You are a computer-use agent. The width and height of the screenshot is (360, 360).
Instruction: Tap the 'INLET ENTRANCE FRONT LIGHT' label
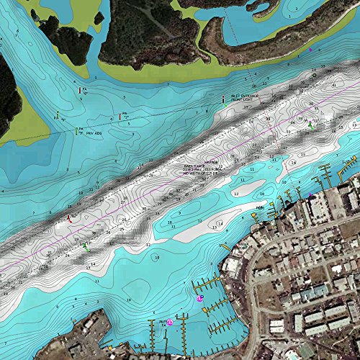coord(246,97)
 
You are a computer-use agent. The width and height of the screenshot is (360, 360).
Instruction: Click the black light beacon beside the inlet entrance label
coord(224,100)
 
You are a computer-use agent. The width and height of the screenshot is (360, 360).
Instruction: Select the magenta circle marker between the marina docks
coord(171,323)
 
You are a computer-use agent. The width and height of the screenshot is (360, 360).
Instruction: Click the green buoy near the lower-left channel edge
coord(85,246)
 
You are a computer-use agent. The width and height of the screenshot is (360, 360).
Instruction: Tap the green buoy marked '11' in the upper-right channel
coord(311,126)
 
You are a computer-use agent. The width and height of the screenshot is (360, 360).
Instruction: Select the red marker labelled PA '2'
coord(80,91)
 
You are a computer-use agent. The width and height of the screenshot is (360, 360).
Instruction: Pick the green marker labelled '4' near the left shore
coord(57,114)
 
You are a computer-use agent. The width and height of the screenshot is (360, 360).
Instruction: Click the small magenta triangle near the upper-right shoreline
coord(310,51)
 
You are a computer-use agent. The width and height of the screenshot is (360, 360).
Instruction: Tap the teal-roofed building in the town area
coord(305,351)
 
